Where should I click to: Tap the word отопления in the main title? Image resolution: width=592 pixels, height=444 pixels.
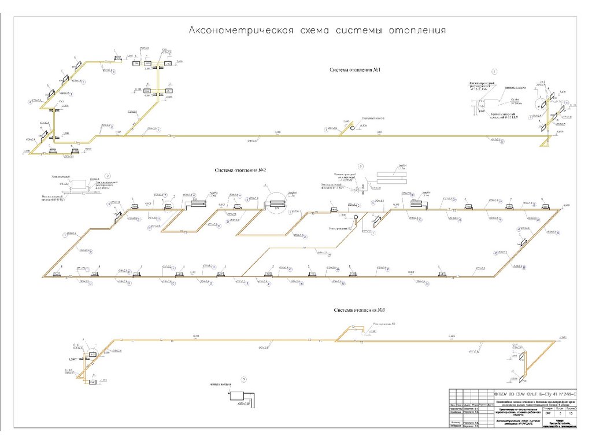pos(417,29)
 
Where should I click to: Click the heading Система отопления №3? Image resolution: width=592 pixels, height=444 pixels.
pos(359,310)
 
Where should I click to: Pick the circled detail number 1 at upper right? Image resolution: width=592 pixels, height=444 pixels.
pos(494,72)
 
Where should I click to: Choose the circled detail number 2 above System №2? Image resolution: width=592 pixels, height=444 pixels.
pos(108,175)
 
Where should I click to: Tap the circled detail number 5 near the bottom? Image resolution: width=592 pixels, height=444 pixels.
pos(244,379)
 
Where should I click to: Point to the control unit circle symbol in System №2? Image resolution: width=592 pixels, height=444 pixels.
pos(356,217)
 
